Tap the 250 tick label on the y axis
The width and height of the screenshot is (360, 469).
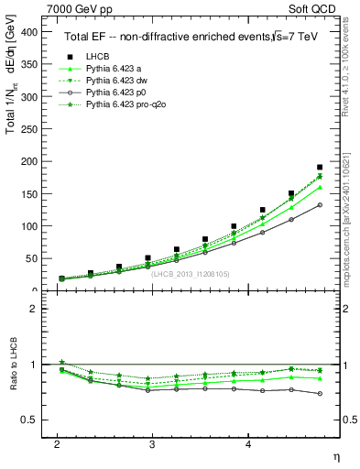click(x=29, y=129)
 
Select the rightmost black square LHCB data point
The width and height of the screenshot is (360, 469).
click(x=320, y=168)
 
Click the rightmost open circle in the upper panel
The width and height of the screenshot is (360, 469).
click(x=320, y=204)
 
